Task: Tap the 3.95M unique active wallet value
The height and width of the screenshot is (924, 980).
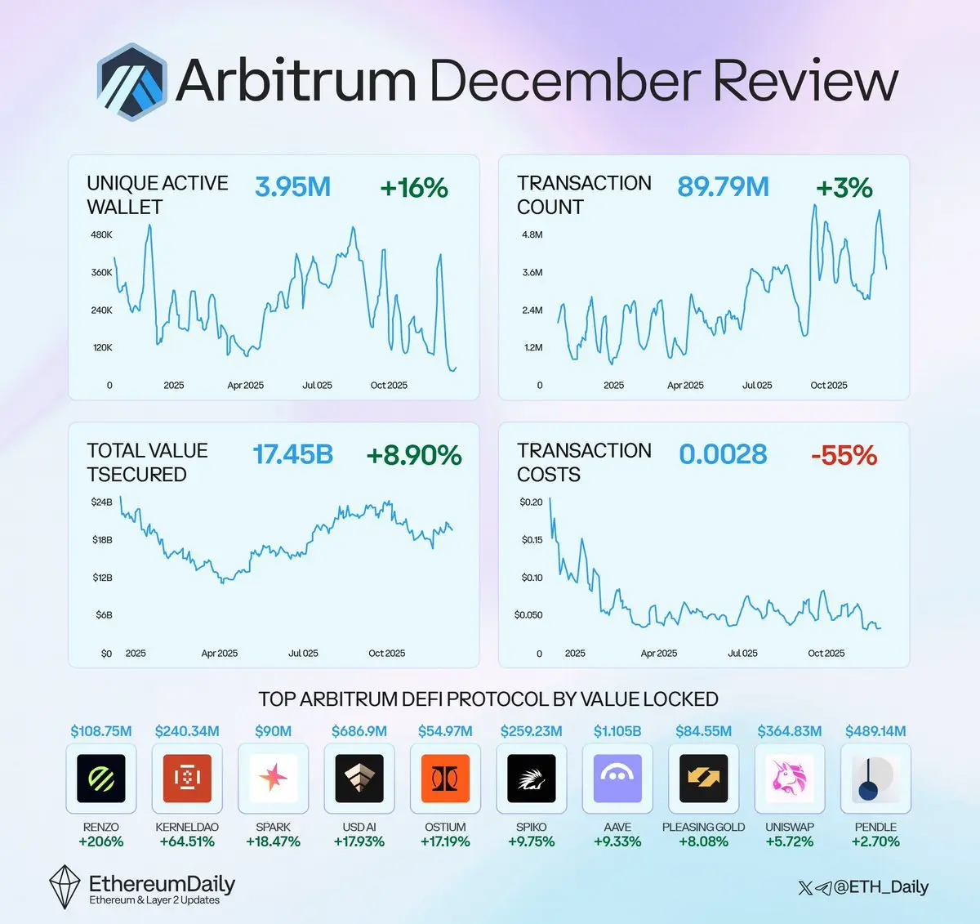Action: [292, 187]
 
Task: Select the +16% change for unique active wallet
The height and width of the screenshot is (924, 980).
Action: [414, 188]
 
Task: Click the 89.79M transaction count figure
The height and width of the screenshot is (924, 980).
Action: [723, 187]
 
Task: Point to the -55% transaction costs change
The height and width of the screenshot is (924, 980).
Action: [844, 455]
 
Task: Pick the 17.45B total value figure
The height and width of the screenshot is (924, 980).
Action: [292, 455]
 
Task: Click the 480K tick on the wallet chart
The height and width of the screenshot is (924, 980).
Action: [102, 234]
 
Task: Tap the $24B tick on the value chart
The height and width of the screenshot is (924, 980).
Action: [102, 502]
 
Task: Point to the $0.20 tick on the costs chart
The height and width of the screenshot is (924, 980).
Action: [531, 502]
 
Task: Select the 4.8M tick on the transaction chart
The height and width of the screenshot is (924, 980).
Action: [532, 234]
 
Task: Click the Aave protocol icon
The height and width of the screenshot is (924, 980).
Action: [617, 778]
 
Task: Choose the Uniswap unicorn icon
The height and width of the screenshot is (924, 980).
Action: [790, 778]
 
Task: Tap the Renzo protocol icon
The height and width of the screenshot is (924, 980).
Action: [101, 778]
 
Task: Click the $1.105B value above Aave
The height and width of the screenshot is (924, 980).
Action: [617, 731]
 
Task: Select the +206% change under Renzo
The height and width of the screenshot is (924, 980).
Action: [101, 841]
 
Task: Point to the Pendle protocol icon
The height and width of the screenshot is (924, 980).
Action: [875, 778]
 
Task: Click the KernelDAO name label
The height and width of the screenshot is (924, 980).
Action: [187, 827]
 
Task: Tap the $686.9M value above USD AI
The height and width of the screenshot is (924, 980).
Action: [359, 731]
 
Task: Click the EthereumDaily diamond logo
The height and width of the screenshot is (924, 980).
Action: [65, 887]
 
